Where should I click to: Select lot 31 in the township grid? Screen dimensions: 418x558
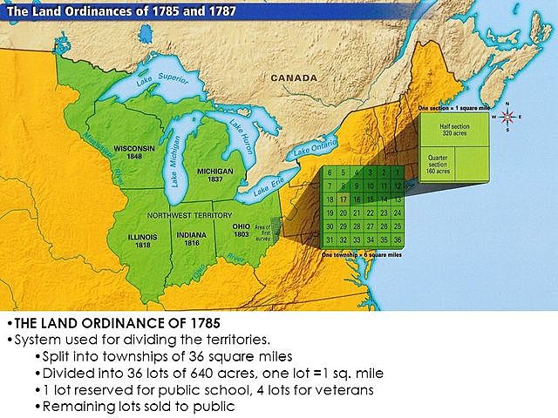(x=330, y=239)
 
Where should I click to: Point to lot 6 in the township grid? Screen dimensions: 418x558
(x=330, y=172)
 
